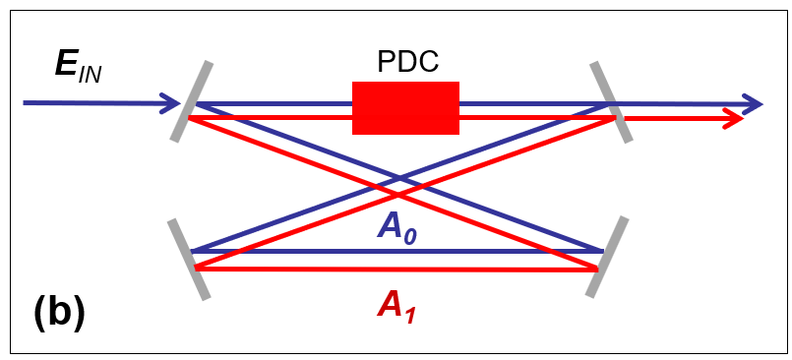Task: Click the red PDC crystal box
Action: click(405, 107)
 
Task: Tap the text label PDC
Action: click(407, 62)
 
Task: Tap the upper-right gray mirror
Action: click(611, 102)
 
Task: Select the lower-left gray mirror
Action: click(188, 259)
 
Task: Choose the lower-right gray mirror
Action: click(606, 257)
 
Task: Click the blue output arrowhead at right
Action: click(754, 102)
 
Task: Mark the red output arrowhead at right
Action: click(733, 118)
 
